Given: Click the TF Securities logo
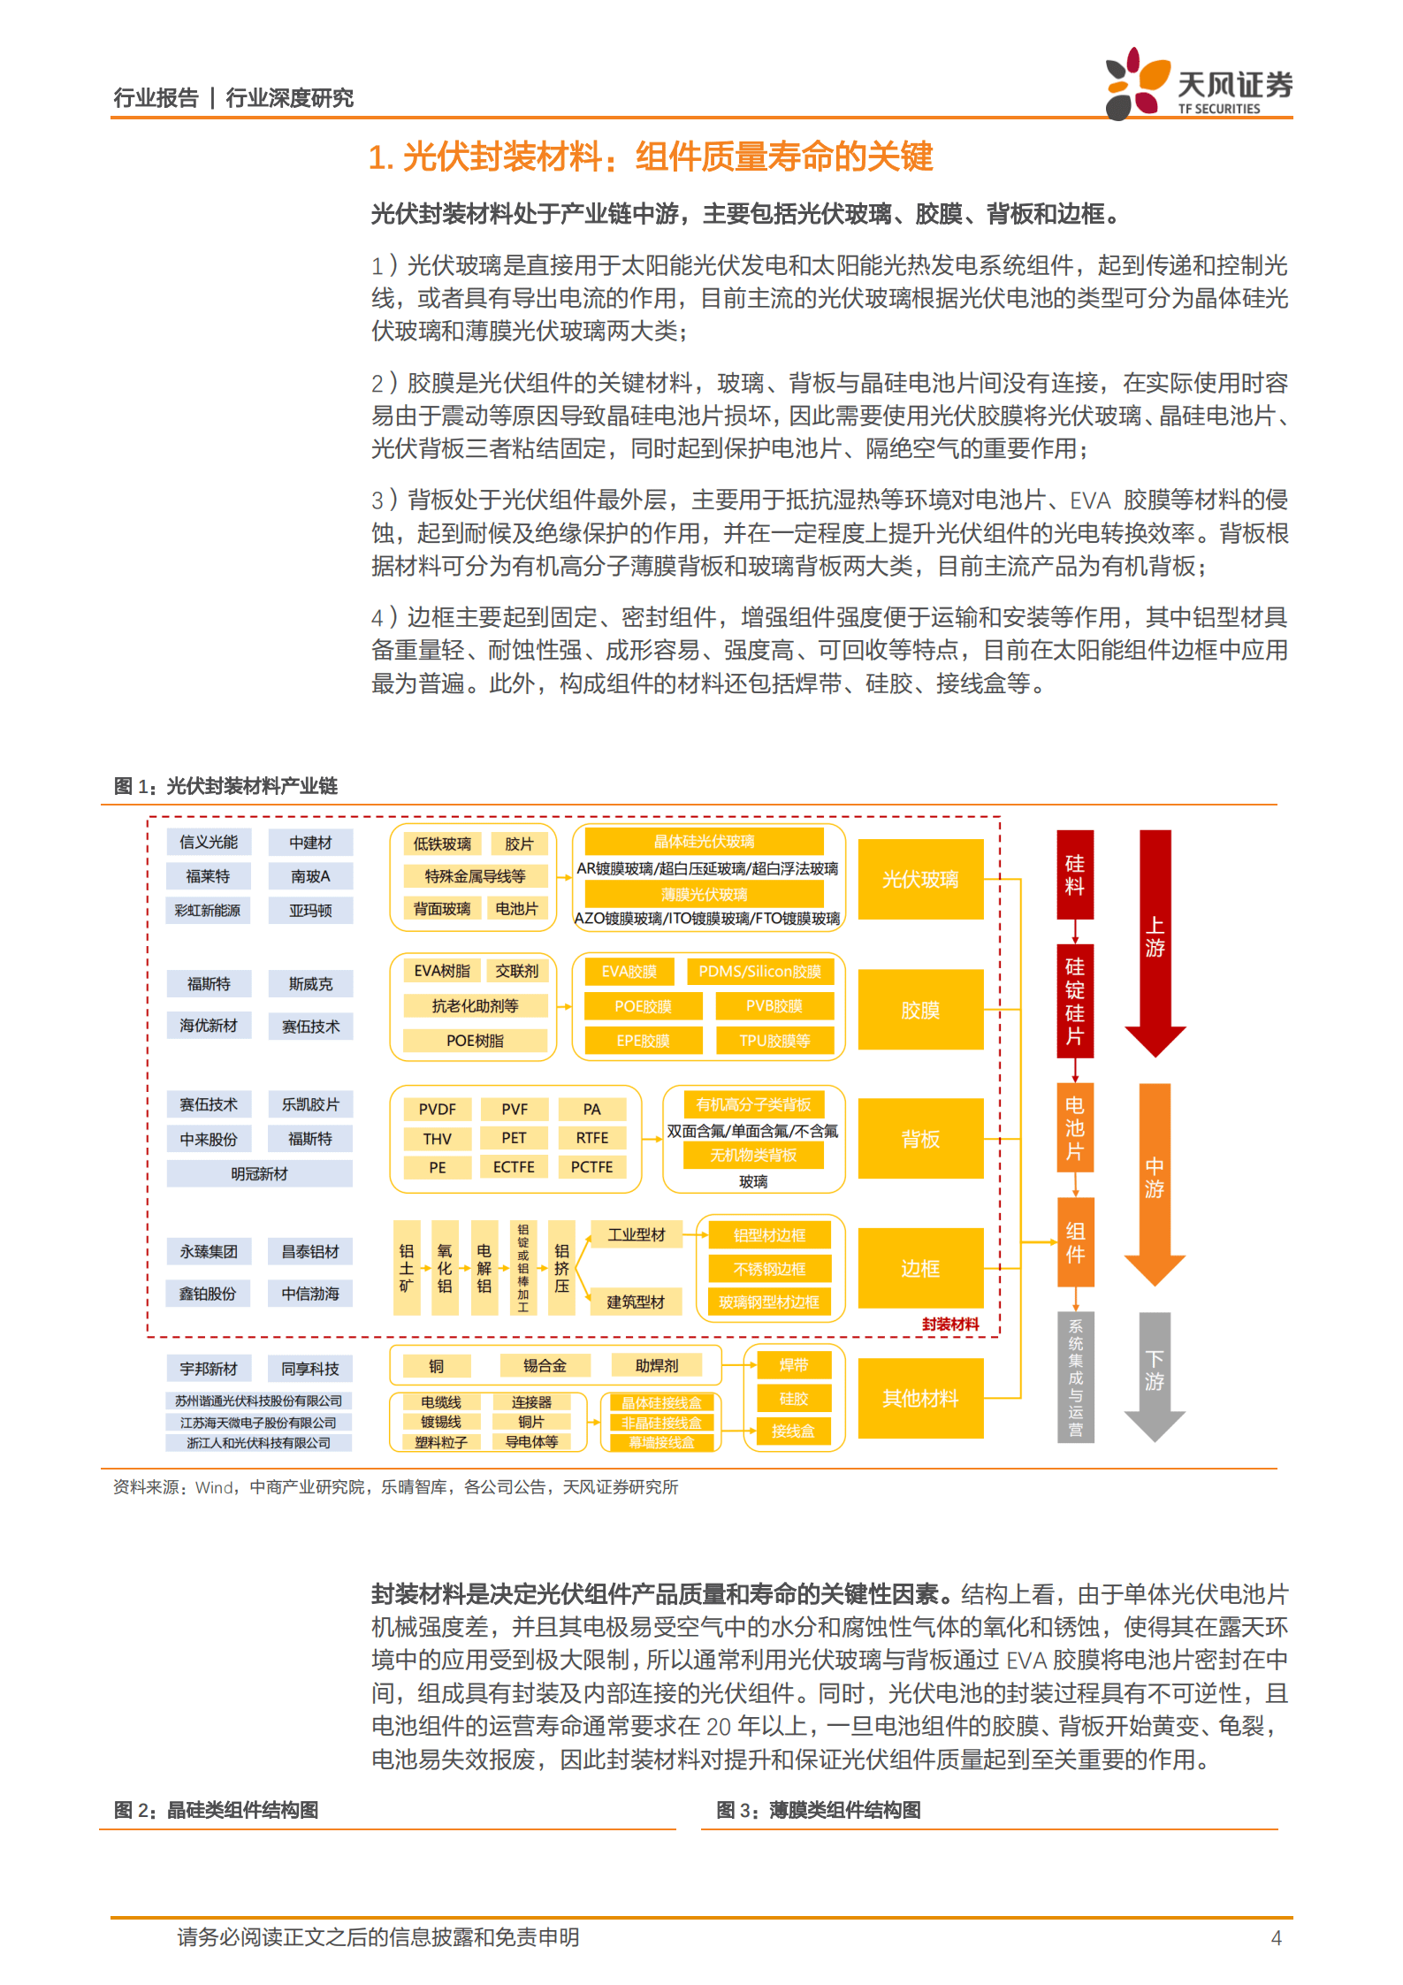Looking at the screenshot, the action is click(x=1198, y=84).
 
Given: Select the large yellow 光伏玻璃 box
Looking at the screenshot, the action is click(x=920, y=879).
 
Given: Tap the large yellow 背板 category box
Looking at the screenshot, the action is click(x=920, y=1139).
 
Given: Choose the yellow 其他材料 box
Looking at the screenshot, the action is click(x=920, y=1398).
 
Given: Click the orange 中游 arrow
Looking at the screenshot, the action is click(x=1155, y=1180).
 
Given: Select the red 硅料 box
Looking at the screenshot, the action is click(x=1075, y=874).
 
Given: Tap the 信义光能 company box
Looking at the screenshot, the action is click(x=209, y=842).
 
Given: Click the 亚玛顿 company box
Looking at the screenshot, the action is click(x=310, y=911).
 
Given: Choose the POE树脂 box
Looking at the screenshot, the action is click(x=475, y=1041).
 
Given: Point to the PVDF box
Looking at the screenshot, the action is click(x=438, y=1109).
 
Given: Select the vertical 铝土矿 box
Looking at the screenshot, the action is click(x=407, y=1268).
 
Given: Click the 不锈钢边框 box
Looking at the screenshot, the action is click(x=769, y=1269).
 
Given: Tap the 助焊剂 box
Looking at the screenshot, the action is click(x=657, y=1365).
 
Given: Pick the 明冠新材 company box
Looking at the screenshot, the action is click(x=259, y=1173).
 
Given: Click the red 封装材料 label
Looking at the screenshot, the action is click(x=950, y=1324).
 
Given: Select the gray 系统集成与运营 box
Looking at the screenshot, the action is click(x=1075, y=1377).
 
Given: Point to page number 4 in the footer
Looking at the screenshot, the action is click(x=1276, y=1937).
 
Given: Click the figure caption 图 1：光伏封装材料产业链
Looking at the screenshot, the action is click(x=225, y=786).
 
